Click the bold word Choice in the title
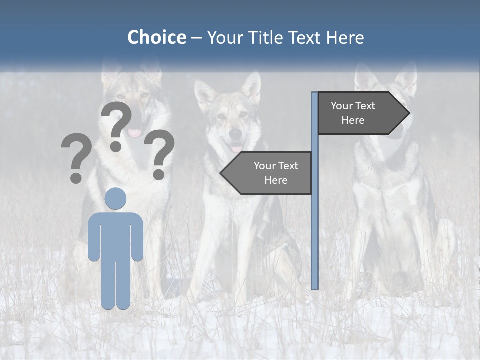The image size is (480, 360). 156,37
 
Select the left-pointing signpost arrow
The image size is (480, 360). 267,173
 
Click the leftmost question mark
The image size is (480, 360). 76,158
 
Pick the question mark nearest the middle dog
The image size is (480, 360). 159,154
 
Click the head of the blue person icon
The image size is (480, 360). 116,198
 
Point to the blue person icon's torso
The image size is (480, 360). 116,235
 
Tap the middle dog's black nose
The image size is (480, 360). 234,133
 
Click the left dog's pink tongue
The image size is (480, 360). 135,133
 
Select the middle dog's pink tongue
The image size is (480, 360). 235,148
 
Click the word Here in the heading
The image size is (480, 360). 345,37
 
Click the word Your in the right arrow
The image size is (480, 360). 342,106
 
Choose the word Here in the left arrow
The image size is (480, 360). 276,180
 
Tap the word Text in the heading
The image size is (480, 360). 306,37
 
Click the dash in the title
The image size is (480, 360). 196,38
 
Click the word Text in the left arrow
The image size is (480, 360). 288,166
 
